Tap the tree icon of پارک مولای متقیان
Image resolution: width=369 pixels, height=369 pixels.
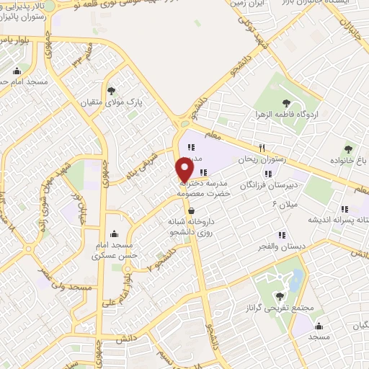[x=112, y=90]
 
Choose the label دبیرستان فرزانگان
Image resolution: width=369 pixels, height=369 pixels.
[x=271, y=184]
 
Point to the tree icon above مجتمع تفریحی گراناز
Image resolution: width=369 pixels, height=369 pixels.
[x=281, y=275]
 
